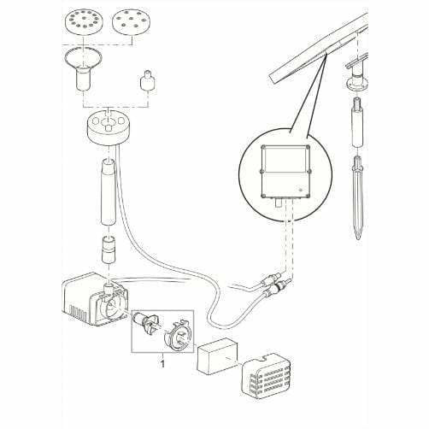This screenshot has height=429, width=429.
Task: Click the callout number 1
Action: (162, 364)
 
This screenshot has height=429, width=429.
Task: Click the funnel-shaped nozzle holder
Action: (83, 69)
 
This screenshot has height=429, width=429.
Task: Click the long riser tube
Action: (109, 191)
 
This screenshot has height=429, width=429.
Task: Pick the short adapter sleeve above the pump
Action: (109, 249)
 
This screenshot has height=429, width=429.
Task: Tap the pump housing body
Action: (95, 300)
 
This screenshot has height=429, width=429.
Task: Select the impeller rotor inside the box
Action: (146, 324)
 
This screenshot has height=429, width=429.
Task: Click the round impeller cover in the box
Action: (178, 335)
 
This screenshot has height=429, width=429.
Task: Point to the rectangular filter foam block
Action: (217, 356)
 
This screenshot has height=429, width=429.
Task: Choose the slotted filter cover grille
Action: (266, 375)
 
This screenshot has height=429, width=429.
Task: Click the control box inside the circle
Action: (285, 172)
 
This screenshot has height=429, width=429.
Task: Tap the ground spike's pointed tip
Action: (358, 238)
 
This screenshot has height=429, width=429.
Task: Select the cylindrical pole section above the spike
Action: (358, 122)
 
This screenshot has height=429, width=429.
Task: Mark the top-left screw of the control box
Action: (264, 148)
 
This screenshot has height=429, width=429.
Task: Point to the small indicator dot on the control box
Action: (300, 190)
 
